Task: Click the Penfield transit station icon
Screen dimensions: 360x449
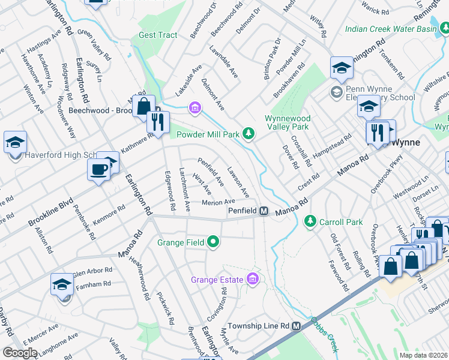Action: [264, 211]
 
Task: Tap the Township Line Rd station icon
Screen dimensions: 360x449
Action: [296, 326]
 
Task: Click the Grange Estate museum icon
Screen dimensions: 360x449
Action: [253, 280]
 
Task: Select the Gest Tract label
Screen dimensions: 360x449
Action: [158, 35]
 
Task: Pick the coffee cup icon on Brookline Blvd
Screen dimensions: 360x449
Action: [98, 170]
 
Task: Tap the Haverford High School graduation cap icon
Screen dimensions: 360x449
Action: [15, 143]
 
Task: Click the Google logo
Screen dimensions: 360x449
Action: [20, 353]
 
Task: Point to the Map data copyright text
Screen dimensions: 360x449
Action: [424, 355]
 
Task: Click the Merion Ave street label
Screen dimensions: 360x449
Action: [218, 202]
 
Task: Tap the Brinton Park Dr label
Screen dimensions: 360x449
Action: [274, 59]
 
